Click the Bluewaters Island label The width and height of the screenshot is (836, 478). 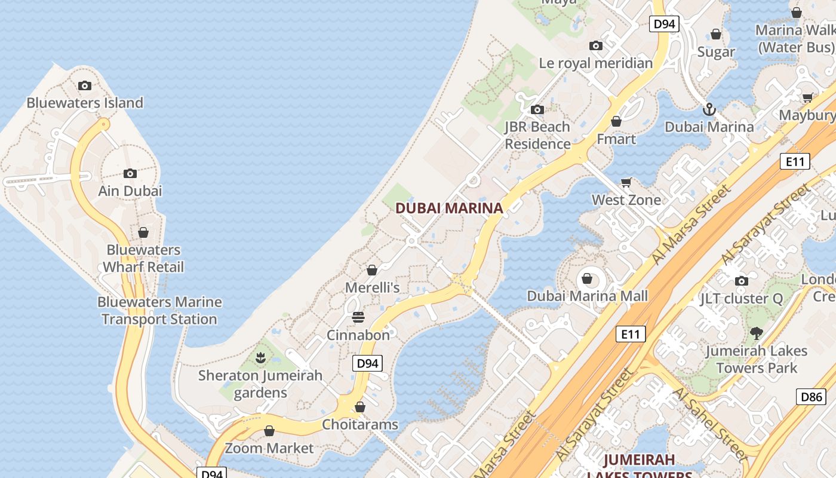tap(85, 103)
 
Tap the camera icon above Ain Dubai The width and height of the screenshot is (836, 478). tap(130, 174)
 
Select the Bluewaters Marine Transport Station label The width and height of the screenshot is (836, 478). tap(159, 311)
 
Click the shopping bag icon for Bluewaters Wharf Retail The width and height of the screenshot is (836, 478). tap(143, 232)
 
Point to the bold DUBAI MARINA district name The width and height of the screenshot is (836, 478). tap(449, 209)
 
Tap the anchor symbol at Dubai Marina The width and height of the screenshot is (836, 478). tap(709, 109)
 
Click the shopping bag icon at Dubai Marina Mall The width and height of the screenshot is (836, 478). tap(587, 278)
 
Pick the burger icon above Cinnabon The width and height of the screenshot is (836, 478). tap(358, 317)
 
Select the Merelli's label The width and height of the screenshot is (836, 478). tap(372, 287)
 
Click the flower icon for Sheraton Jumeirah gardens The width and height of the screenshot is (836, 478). tap(260, 358)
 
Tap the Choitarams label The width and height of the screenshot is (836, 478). tap(360, 425)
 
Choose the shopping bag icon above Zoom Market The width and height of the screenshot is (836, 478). tap(269, 431)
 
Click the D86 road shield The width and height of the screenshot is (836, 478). tap(811, 396)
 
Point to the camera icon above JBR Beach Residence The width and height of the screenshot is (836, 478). tap(537, 109)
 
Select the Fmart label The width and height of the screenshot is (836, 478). tap(616, 139)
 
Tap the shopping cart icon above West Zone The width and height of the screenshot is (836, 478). tap(626, 182)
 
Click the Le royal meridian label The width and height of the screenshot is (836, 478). tap(596, 63)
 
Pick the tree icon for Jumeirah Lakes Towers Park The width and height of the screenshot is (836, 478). tap(757, 333)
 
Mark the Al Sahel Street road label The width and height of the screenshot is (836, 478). tap(710, 424)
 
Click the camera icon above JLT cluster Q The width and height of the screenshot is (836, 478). tap(741, 281)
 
